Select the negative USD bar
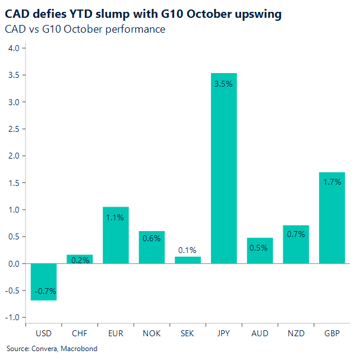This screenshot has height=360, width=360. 44,282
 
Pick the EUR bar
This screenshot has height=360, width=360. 116,235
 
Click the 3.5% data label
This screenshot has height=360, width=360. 224,84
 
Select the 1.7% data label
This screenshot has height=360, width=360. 331,182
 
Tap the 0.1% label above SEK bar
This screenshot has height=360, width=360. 188,250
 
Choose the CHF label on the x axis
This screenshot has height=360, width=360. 80,333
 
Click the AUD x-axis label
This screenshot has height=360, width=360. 260,333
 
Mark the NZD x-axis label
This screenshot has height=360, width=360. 296,333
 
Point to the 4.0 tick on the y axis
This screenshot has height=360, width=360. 13,48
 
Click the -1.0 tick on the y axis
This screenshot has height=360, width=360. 12,317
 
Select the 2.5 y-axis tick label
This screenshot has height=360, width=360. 13,129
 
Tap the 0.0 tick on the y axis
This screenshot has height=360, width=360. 13,264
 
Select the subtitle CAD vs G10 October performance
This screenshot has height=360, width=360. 85,29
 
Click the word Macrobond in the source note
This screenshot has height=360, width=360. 78,349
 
